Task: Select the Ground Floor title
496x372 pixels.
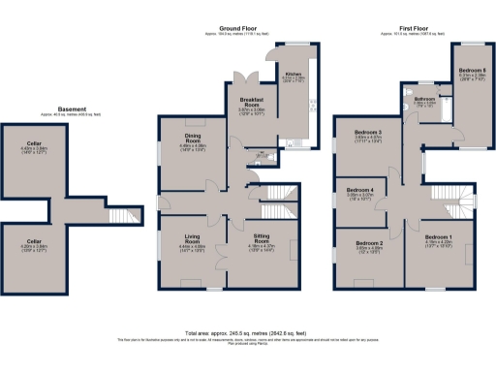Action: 237,30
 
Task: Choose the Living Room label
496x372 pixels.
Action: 192,244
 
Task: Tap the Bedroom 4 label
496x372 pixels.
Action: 361,190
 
